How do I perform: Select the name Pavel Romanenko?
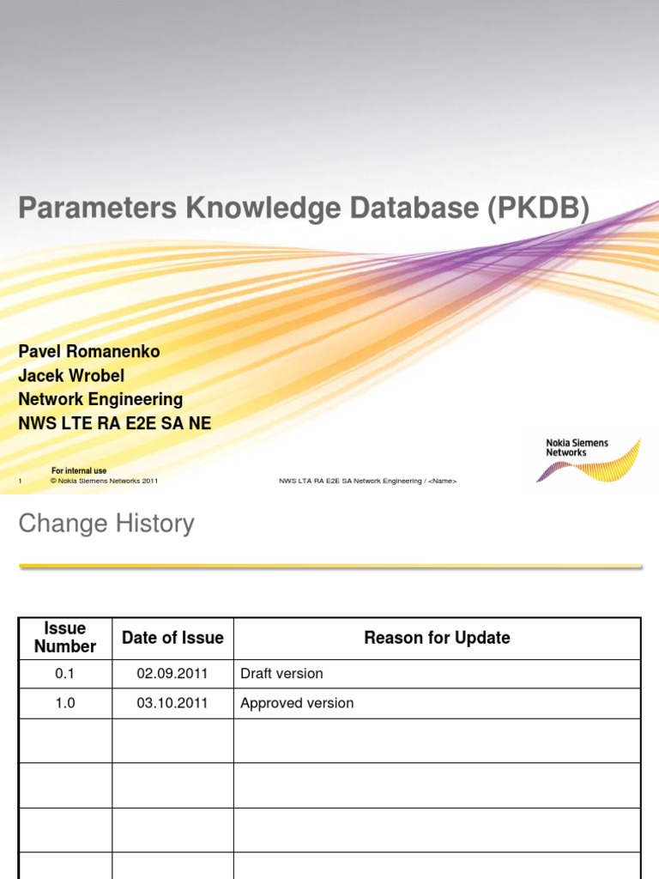coord(89,352)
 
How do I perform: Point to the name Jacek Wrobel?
coord(71,376)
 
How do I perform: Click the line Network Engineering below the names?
coord(100,399)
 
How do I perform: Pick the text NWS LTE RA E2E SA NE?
coord(114,423)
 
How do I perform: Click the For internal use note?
coord(79,470)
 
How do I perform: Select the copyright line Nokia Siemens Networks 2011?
coord(104,482)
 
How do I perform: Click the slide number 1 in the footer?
coord(20,482)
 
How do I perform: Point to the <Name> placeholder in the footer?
coord(442,482)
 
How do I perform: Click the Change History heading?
coord(106,524)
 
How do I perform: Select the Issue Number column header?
coord(65,638)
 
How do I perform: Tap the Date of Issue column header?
coord(172,638)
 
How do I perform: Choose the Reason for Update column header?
coord(437,638)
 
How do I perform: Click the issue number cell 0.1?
coord(65,674)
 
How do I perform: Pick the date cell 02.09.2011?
coord(172,674)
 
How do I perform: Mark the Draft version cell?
coord(281,674)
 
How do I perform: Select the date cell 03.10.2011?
coord(172,703)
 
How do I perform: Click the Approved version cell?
coord(297,703)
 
